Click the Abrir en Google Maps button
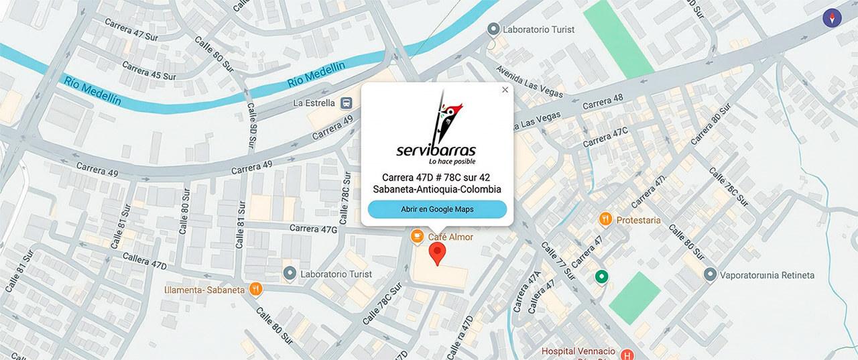point(437,209)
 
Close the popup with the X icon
point(505,90)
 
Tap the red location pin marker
point(437,254)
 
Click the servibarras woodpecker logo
point(437,127)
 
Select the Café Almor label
point(450,237)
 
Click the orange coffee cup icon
point(417,236)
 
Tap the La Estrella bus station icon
point(347,103)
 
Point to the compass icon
point(833,18)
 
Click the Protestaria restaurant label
point(638,220)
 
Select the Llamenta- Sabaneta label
point(204,290)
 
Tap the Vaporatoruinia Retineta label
point(767,275)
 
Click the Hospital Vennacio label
point(578,351)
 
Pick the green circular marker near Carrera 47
point(601,276)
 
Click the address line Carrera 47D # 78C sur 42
point(437,177)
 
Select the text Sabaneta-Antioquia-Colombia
point(437,190)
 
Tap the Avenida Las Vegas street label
point(527,80)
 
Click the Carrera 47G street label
point(313,229)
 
